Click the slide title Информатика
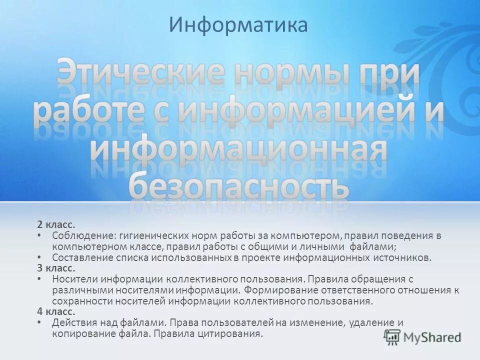[x=238, y=25]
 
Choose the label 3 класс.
[x=55, y=268]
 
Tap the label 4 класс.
[x=55, y=311]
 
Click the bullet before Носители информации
[x=39, y=279]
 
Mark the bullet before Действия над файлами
[x=39, y=322]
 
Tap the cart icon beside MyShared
[x=393, y=337]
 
